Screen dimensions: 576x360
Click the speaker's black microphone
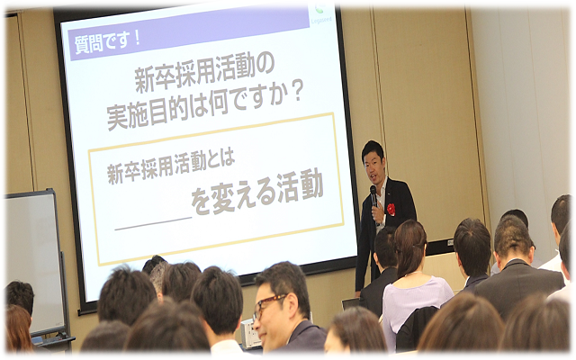(x=373, y=196)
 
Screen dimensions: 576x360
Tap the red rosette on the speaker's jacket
(x=391, y=210)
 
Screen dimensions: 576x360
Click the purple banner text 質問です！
(x=107, y=42)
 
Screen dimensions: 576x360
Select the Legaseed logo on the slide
(x=321, y=14)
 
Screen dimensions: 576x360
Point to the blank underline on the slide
(x=154, y=223)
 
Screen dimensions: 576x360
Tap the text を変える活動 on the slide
(x=258, y=192)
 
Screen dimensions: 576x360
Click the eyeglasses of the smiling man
(x=269, y=305)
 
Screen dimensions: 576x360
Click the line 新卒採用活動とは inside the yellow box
(x=171, y=167)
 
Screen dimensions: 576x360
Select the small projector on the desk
(x=251, y=333)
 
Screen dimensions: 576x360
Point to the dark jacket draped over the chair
(x=417, y=328)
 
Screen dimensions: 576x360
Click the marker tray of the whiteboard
(x=54, y=339)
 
